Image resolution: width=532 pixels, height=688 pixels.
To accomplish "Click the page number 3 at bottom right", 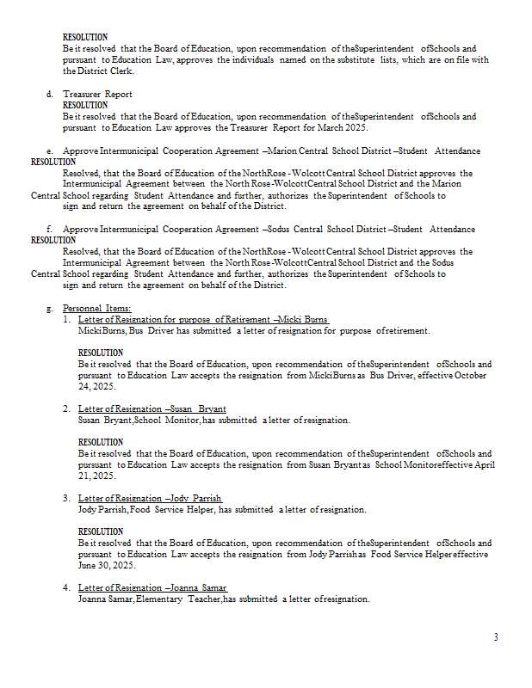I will (496, 637).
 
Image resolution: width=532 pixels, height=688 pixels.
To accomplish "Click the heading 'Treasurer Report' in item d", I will (97, 94).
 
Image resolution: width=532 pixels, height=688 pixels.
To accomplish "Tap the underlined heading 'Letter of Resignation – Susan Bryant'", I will (152, 408).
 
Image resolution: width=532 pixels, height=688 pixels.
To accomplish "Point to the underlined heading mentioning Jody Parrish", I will (150, 498).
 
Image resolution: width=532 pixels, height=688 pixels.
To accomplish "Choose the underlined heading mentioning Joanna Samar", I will (152, 587).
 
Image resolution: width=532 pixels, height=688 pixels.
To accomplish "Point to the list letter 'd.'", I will (50, 94).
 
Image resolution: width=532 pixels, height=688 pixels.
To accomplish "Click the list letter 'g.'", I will (50, 308).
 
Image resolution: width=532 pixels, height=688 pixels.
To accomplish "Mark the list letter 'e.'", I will (50, 150).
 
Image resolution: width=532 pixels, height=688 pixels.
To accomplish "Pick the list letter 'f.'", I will (50, 230).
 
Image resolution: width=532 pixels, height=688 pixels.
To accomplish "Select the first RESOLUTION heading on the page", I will (85, 38).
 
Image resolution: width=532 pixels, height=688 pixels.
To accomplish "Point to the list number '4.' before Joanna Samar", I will (66, 587).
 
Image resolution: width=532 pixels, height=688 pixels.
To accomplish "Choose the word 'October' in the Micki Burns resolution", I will (471, 375).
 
